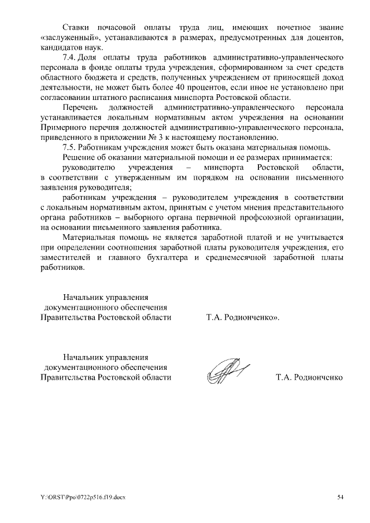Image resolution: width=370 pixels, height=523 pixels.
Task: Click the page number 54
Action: [x=340, y=496]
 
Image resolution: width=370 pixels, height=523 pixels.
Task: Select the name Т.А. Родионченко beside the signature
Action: [x=309, y=377]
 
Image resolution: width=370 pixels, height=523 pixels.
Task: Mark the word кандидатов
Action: [x=61, y=47]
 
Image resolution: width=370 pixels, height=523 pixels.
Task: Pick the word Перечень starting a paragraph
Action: [x=80, y=107]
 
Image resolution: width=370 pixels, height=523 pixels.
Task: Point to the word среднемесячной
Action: [x=238, y=257]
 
